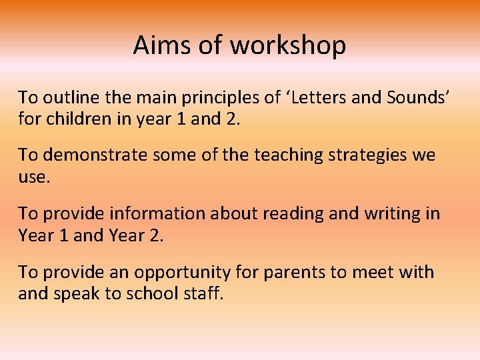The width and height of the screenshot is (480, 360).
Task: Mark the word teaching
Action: [261, 156]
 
